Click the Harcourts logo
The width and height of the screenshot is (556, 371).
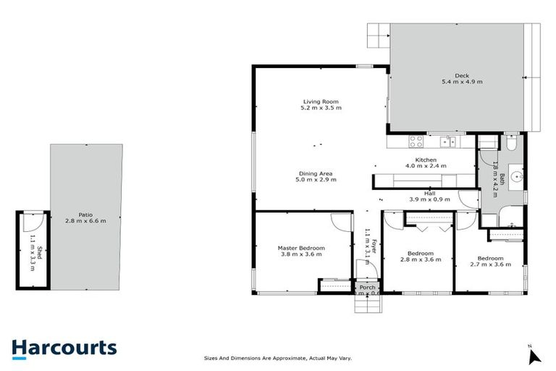64,348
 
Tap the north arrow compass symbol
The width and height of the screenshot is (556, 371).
534,356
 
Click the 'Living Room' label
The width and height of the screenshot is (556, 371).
321,101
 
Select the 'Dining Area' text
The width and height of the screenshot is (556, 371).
316,173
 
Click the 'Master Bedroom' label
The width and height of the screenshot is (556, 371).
301,248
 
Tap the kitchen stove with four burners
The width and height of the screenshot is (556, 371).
416,141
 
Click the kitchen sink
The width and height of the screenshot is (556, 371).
450,141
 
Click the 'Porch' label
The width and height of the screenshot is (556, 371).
368,287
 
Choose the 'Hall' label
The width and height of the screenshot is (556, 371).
430,193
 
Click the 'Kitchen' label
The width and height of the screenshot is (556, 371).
425,160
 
